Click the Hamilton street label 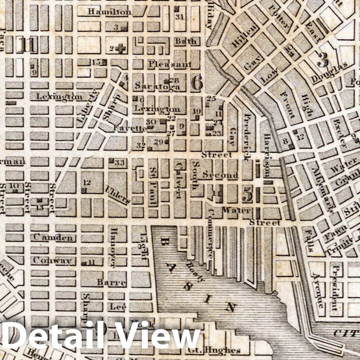point(109,12)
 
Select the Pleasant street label point(170,64)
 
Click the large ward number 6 point(197,83)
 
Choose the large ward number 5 point(247,194)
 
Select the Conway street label point(52,260)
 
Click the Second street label point(220,175)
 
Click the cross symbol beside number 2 point(120,48)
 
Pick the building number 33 point(120,162)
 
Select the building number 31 point(180,17)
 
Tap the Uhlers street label point(117,195)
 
